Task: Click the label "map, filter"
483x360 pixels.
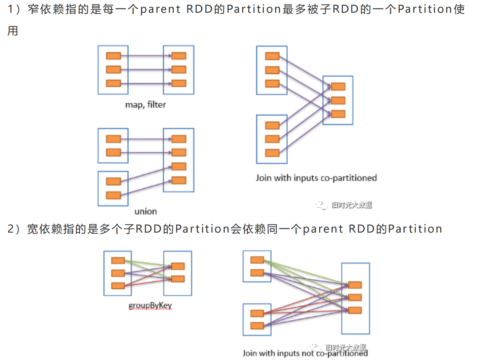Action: coord(146,105)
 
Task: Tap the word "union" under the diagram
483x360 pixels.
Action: coord(146,211)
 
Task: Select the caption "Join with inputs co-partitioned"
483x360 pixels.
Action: coord(316,178)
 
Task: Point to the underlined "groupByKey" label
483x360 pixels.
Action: coord(150,305)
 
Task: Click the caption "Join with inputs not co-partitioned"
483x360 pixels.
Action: coord(305,353)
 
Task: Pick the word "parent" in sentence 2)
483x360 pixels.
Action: coord(323,229)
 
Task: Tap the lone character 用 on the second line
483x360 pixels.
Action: coord(13,31)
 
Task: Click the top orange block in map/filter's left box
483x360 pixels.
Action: coord(113,56)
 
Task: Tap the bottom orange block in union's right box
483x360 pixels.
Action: coord(178,181)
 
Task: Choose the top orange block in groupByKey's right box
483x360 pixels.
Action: coord(177,266)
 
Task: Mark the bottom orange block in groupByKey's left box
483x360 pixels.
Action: coord(118,286)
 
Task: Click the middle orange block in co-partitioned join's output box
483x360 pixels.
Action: coord(338,101)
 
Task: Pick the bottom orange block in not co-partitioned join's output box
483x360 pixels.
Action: coord(355,310)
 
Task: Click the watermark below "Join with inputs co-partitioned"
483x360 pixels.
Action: coord(344,205)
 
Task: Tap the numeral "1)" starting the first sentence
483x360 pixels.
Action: coord(14,9)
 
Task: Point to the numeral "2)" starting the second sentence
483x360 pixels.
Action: coord(14,229)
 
